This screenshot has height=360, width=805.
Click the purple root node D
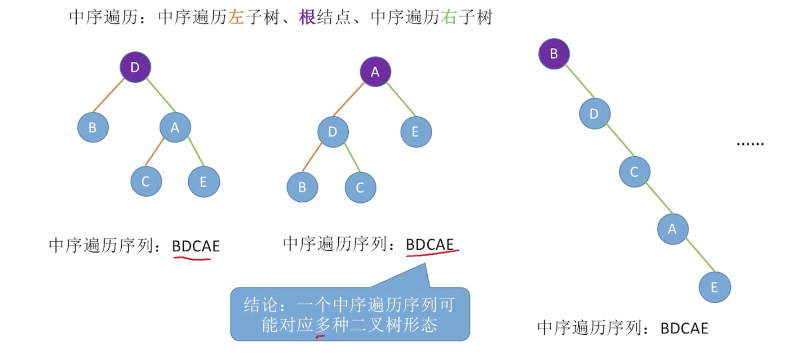(x=135, y=67)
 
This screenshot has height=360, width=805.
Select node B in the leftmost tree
(x=93, y=127)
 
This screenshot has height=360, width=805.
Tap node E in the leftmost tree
(x=203, y=182)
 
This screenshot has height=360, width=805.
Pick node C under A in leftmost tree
(x=146, y=181)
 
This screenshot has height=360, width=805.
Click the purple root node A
(x=375, y=72)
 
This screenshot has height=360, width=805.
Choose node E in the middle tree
(x=415, y=132)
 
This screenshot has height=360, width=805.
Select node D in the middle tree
(x=333, y=132)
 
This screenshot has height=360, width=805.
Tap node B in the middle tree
(x=302, y=187)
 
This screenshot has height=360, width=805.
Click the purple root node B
(x=554, y=54)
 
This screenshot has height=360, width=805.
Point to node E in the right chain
(x=714, y=287)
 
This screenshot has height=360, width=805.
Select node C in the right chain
(x=634, y=172)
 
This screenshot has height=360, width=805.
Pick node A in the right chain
(x=672, y=229)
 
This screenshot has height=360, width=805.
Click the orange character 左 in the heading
(x=236, y=18)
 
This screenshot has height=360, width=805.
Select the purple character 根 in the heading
(x=307, y=18)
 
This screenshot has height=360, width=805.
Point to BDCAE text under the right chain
(x=684, y=328)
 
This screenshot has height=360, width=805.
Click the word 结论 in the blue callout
(x=261, y=305)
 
